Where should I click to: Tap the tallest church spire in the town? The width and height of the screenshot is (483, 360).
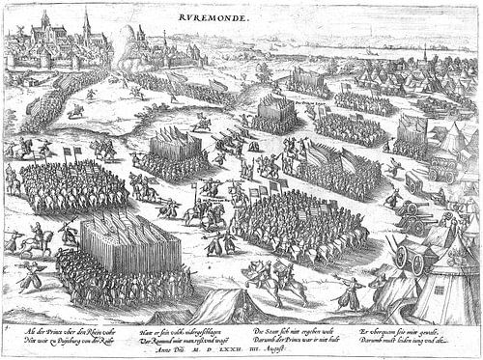pos(86,21)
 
